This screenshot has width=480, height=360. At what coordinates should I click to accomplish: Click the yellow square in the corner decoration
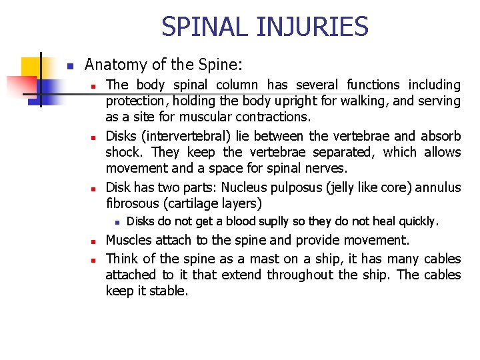coord(31,67)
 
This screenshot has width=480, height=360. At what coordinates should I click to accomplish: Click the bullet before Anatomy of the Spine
coord(69,66)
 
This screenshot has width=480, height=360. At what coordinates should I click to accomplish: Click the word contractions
coord(273,117)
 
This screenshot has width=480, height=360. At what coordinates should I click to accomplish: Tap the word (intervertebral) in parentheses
coord(192,136)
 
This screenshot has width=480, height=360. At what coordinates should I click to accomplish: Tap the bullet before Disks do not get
coord(115,221)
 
